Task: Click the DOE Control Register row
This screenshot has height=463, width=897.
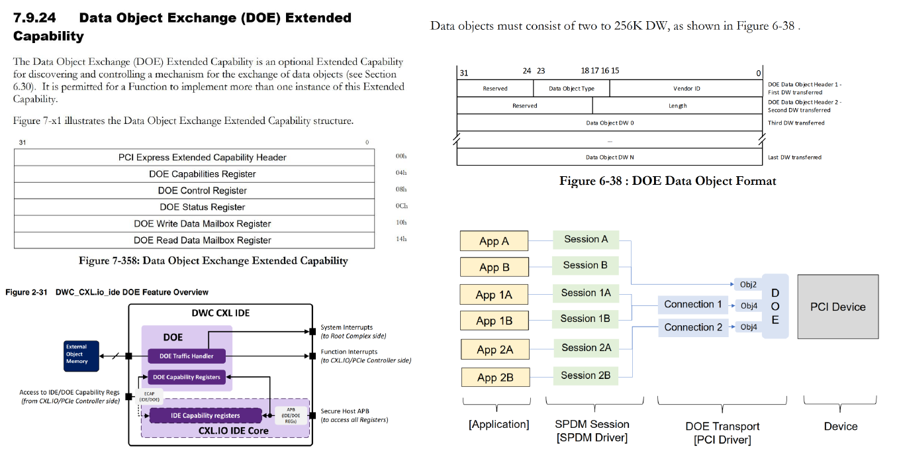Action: [202, 191]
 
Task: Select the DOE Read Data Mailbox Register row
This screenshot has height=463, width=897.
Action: [202, 240]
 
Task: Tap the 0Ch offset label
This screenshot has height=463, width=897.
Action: [401, 206]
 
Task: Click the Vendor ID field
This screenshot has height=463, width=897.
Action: [686, 88]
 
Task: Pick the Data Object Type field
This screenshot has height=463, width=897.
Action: [571, 88]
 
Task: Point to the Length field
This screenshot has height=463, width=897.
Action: [677, 105]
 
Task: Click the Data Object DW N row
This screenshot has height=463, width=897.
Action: [609, 157]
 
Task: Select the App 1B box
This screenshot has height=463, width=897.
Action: [494, 321]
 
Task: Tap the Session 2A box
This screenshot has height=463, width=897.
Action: [586, 348]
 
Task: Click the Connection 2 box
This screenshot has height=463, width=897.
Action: [693, 327]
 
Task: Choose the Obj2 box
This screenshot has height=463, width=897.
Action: [748, 284]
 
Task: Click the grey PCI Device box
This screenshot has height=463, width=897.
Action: [837, 307]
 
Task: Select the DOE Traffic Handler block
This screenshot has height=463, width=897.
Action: [187, 356]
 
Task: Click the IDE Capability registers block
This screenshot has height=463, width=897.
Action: [205, 415]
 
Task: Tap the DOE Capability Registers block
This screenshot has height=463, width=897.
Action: [187, 377]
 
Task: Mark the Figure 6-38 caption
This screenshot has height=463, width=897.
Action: [667, 181]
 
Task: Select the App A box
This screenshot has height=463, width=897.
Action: [494, 241]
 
